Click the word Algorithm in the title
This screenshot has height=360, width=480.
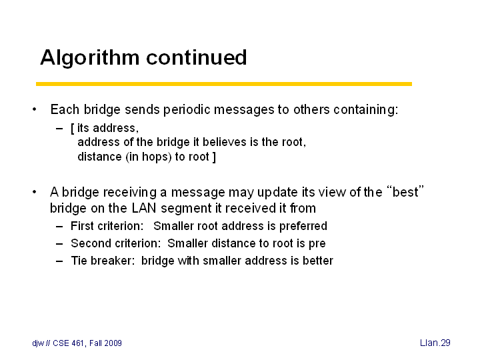pos(89,57)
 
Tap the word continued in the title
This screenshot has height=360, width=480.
pos(197,57)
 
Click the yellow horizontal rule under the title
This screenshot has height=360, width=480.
pos(224,84)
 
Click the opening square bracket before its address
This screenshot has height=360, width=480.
pos(73,129)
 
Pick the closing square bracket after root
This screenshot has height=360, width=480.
pos(214,157)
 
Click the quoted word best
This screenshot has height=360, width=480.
pos(405,191)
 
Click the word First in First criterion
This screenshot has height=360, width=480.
pos(82,226)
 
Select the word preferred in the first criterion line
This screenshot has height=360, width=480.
pos(303,227)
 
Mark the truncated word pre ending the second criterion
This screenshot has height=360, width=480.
pos(317,244)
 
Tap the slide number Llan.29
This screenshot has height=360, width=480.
pos(435,343)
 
